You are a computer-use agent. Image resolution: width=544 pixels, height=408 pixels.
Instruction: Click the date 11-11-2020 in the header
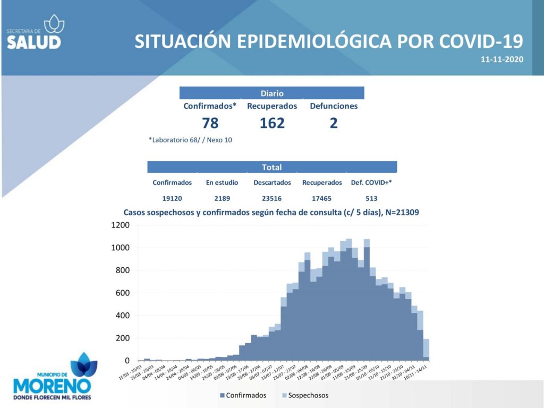point(502,59)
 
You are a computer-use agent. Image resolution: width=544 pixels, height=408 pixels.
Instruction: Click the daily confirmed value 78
point(210,123)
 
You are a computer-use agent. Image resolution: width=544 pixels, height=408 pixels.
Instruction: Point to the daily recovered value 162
point(272,123)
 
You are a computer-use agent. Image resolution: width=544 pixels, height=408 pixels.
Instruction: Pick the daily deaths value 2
point(334,123)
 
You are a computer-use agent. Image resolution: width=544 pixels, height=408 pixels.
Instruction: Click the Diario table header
point(272,93)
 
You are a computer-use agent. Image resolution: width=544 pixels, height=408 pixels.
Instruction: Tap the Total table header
point(272,167)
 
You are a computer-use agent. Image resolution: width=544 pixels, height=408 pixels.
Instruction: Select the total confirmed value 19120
point(172,198)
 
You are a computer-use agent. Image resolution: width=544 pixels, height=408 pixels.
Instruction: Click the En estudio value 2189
point(222,198)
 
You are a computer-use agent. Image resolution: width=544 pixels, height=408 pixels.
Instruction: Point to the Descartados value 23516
point(272,198)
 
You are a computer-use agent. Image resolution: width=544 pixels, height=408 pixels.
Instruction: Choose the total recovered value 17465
point(322,198)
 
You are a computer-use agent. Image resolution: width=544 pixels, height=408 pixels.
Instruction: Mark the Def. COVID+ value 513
point(371,198)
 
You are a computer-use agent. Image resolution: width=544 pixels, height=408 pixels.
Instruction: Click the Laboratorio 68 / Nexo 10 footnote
point(191,140)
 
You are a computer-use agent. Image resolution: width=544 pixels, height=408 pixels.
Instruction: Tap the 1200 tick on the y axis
point(121,225)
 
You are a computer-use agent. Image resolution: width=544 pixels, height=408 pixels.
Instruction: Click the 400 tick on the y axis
point(123,316)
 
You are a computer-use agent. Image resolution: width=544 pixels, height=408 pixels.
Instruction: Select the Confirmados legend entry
point(243,395)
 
